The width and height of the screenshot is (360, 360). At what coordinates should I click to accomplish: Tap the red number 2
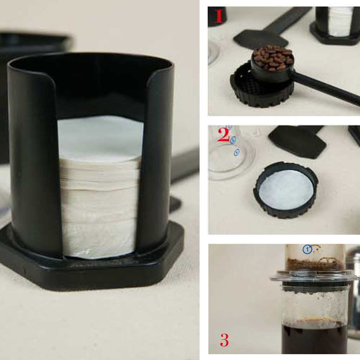[223, 135]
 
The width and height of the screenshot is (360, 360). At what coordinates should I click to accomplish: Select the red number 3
[224, 340]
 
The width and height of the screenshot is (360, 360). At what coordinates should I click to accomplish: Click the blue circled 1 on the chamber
[307, 249]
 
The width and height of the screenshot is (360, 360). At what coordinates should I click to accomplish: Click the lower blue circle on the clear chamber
[237, 152]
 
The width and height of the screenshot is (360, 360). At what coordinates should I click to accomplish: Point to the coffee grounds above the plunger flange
[315, 264]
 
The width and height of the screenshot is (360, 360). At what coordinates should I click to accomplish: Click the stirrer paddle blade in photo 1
[261, 39]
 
